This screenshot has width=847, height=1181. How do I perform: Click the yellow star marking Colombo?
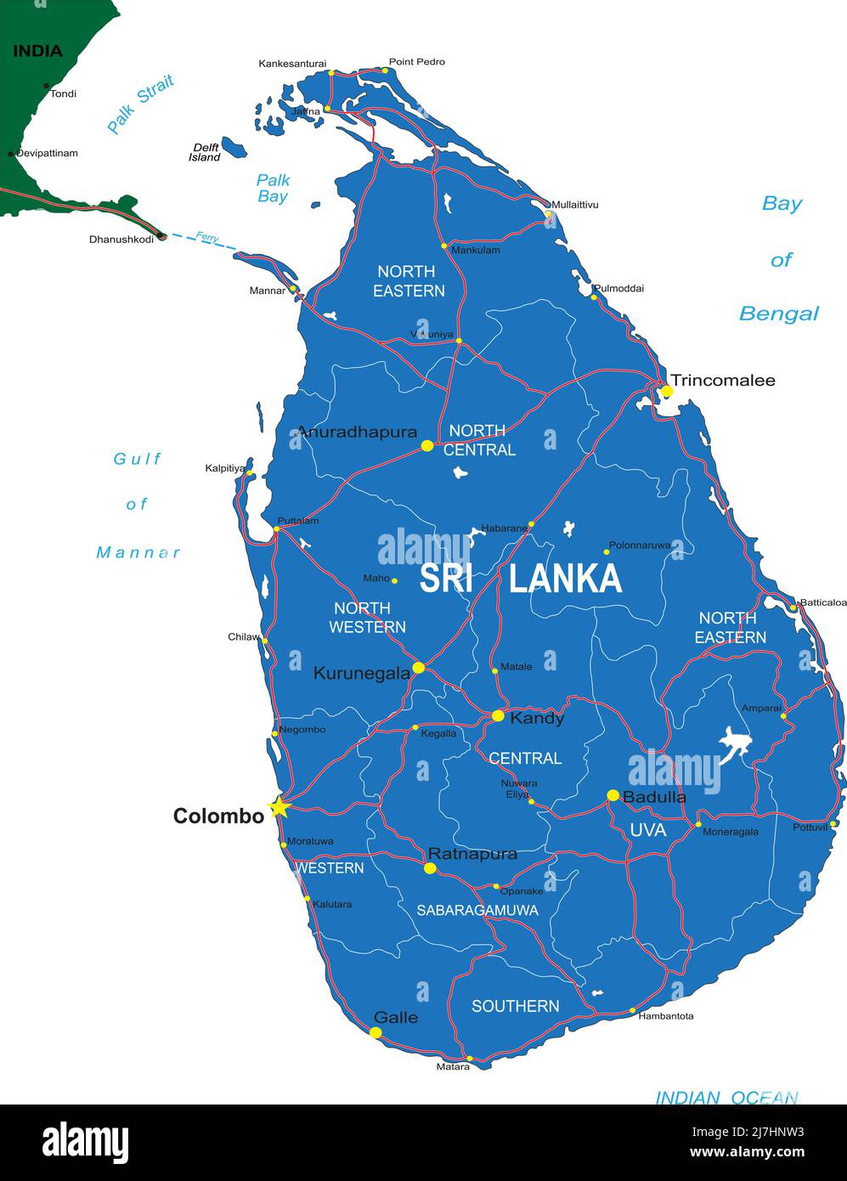click(x=279, y=807)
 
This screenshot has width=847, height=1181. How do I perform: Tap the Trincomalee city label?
click(x=722, y=380)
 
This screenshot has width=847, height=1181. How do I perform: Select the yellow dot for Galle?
click(x=376, y=1032)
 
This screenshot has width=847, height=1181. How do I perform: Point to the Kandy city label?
click(x=536, y=718)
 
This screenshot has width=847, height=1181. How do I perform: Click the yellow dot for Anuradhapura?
click(x=427, y=445)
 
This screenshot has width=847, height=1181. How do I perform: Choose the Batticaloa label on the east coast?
click(x=823, y=602)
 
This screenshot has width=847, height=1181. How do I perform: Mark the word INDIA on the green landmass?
click(x=37, y=51)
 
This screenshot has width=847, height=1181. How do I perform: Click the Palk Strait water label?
click(x=140, y=104)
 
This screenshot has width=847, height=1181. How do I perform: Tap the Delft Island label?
click(x=205, y=152)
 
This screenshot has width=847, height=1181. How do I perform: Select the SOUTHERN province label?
click(x=515, y=1006)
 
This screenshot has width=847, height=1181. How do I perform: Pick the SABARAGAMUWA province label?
click(x=477, y=910)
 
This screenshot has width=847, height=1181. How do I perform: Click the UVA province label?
click(x=647, y=830)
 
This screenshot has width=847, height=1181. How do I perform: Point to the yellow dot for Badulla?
click(x=613, y=795)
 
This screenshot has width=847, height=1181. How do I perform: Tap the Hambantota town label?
click(x=666, y=1015)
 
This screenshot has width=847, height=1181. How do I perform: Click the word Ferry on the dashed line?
click(x=207, y=237)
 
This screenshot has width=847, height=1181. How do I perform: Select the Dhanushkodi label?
click(x=121, y=239)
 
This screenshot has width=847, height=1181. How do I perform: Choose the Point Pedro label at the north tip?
click(x=416, y=62)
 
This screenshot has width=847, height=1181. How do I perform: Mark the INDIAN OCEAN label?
click(x=726, y=1098)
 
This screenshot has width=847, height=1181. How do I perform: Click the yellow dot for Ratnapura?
click(x=430, y=868)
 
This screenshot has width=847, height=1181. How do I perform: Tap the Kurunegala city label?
click(x=361, y=673)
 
